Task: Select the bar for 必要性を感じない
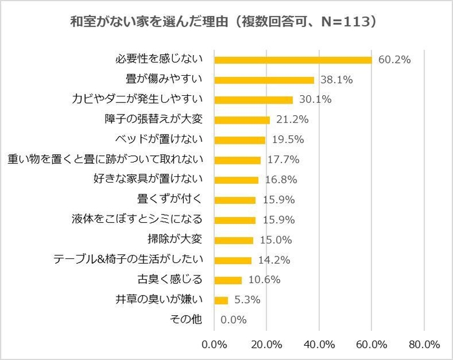293,60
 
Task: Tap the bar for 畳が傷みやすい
264,80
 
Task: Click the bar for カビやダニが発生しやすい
253,100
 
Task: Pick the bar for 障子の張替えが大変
242,120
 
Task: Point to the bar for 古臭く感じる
228,280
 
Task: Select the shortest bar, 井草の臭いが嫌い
221,300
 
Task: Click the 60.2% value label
394,60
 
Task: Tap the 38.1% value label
336,80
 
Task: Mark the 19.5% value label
287,140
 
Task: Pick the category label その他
186,320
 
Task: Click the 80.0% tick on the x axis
423,343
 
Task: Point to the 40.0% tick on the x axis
318,343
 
